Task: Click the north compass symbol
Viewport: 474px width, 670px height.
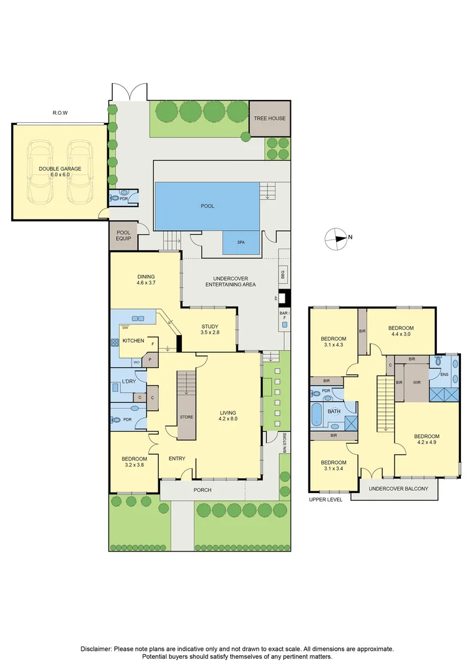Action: point(337,238)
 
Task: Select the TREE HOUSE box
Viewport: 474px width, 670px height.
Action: point(269,118)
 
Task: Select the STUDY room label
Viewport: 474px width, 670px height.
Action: point(210,327)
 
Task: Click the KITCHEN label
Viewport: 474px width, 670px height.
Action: point(133,341)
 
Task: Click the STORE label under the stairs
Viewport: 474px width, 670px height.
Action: point(186,417)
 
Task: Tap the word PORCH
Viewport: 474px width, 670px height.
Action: point(202,490)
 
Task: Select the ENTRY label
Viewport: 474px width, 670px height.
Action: point(177,458)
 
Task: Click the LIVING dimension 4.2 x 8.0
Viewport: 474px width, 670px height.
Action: point(228,419)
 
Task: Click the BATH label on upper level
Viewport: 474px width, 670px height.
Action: point(334,411)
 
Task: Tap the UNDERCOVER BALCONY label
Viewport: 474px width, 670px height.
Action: point(398,489)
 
